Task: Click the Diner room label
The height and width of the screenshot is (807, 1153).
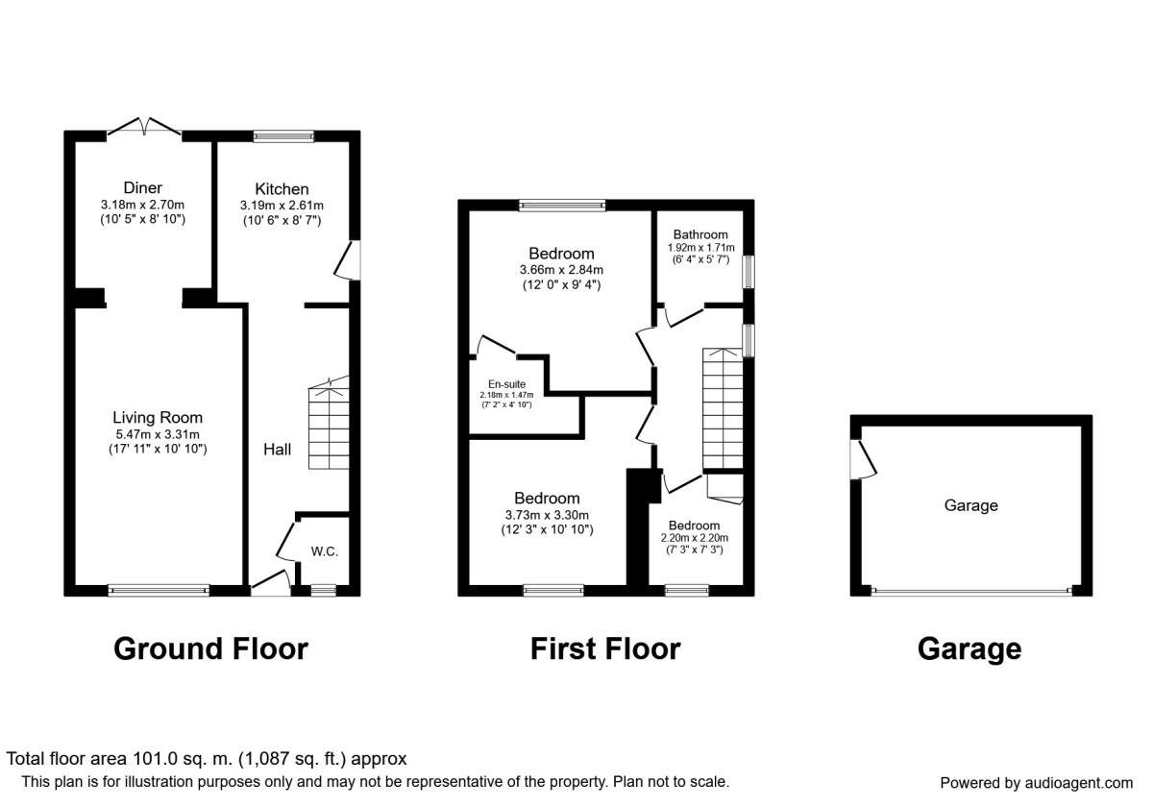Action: pyautogui.click(x=142, y=187)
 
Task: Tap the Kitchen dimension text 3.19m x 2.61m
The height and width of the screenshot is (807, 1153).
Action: pyautogui.click(x=282, y=205)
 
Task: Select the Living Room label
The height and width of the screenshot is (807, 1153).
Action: pyautogui.click(x=158, y=418)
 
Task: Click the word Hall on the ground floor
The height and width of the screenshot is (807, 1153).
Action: pyautogui.click(x=278, y=449)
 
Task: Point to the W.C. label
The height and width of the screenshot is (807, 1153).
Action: pyautogui.click(x=324, y=551)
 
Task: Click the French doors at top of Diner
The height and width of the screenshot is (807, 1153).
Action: pyautogui.click(x=143, y=128)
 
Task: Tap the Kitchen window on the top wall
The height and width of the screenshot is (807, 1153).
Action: pyautogui.click(x=283, y=136)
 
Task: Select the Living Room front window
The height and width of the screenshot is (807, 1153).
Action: pyautogui.click(x=159, y=591)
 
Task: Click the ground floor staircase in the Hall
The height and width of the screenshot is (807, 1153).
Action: pyautogui.click(x=327, y=428)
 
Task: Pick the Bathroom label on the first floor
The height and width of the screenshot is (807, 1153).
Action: pyautogui.click(x=699, y=234)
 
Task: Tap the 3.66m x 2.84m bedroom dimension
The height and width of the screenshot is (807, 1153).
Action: pyautogui.click(x=561, y=270)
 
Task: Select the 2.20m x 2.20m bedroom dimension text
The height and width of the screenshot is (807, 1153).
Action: pyautogui.click(x=694, y=539)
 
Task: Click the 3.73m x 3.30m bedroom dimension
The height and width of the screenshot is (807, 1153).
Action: pyautogui.click(x=547, y=514)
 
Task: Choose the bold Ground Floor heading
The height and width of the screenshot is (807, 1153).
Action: pyautogui.click(x=210, y=648)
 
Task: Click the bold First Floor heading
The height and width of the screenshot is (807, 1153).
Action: pyautogui.click(x=605, y=648)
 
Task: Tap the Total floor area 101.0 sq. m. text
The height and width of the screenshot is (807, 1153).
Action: pyautogui.click(x=207, y=759)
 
